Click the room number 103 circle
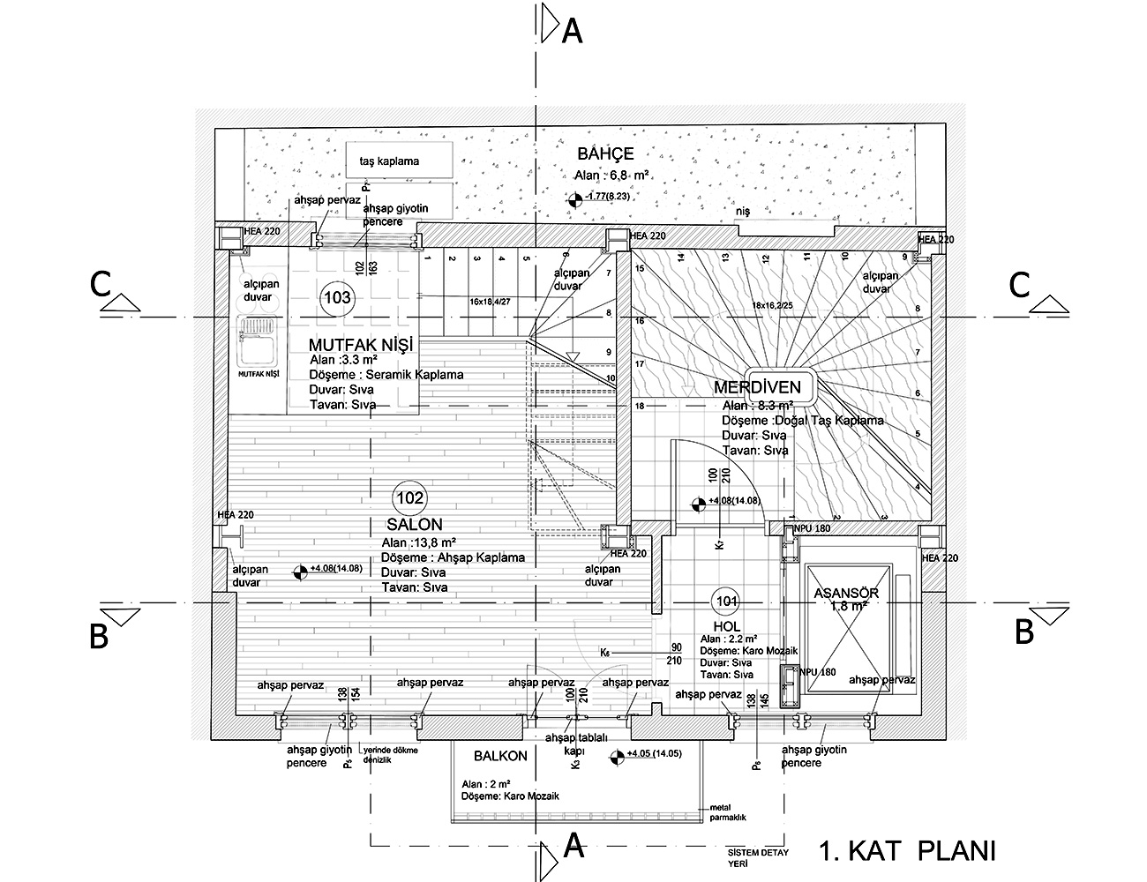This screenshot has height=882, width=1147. click(x=338, y=298)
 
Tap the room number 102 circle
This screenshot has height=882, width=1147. click(x=410, y=498)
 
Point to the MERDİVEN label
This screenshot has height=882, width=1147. click(x=757, y=387)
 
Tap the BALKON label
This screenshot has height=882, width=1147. click(x=500, y=756)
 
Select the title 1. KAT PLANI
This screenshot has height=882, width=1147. click(x=907, y=851)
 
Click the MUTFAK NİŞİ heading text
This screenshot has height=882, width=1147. click(x=361, y=343)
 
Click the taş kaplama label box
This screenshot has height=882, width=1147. click(x=399, y=161)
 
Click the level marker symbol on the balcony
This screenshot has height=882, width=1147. click(x=615, y=755)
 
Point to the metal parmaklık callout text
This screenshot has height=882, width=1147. click(x=727, y=812)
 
